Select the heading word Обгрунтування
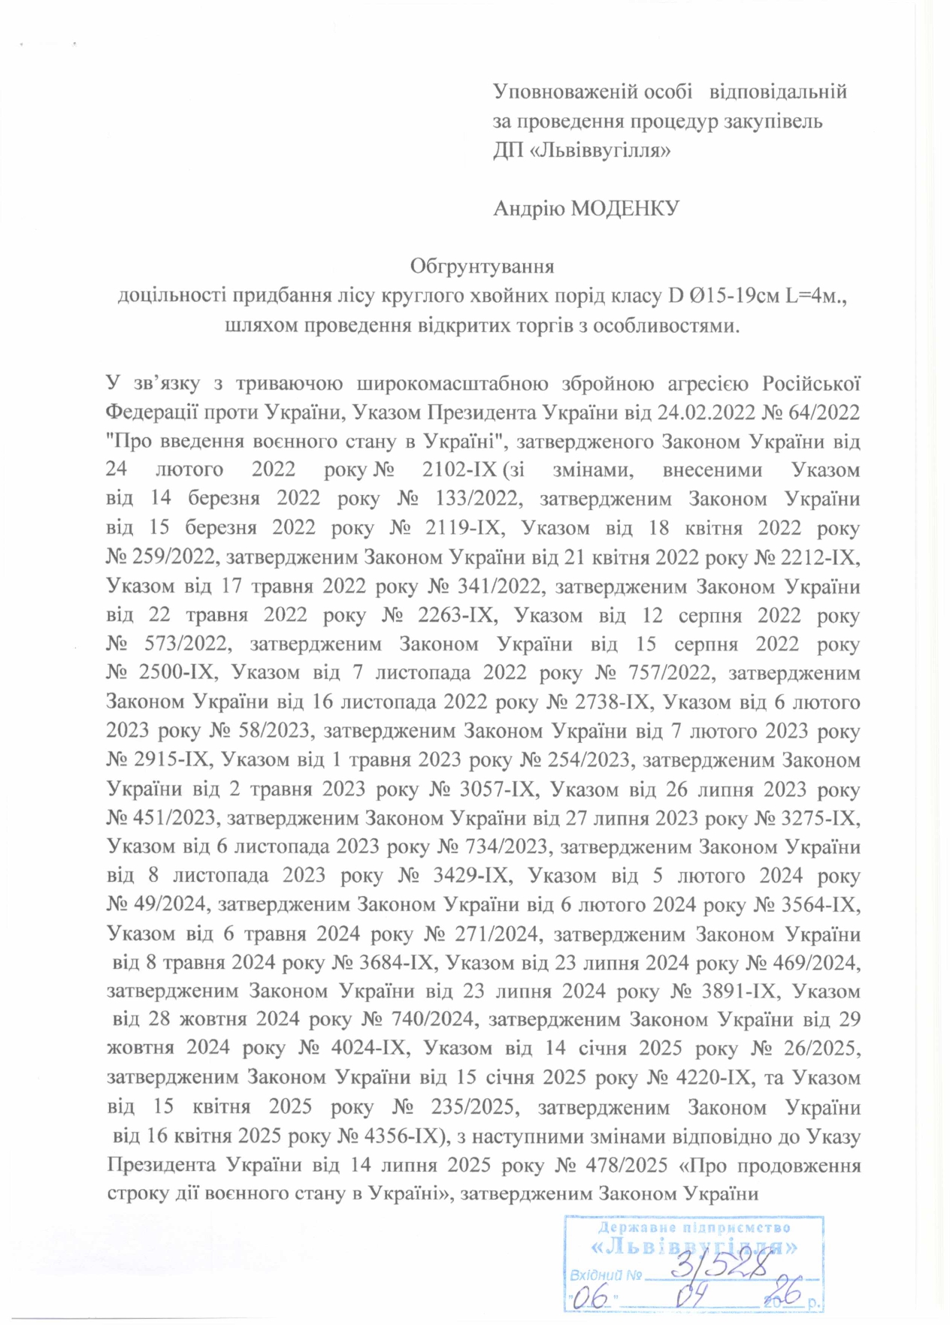pyautogui.click(x=482, y=267)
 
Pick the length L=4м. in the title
pyautogui.click(x=815, y=296)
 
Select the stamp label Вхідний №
pyautogui.click(x=605, y=1275)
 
